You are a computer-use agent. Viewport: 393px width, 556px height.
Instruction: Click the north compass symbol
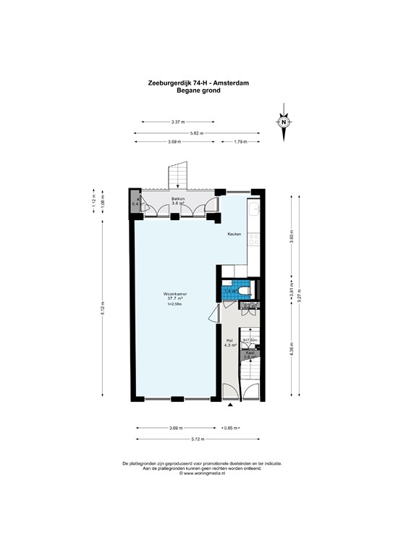tap(284, 121)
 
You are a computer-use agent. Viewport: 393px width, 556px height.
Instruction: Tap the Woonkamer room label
tap(176, 293)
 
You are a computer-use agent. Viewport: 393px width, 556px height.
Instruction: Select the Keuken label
tap(234, 234)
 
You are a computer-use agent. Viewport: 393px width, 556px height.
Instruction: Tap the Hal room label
tap(229, 340)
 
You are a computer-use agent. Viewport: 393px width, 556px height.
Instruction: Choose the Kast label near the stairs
tap(249, 353)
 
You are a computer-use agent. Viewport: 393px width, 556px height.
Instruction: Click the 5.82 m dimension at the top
tap(196, 133)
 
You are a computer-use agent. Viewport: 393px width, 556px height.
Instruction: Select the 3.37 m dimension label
tap(177, 122)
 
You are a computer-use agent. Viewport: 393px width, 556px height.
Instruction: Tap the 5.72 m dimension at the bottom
tap(196, 439)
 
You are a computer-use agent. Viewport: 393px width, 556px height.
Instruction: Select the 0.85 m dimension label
tap(232, 428)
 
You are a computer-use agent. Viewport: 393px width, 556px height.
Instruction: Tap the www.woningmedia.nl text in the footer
tap(196, 472)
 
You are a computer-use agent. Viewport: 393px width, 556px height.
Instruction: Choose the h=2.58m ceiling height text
tap(175, 304)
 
